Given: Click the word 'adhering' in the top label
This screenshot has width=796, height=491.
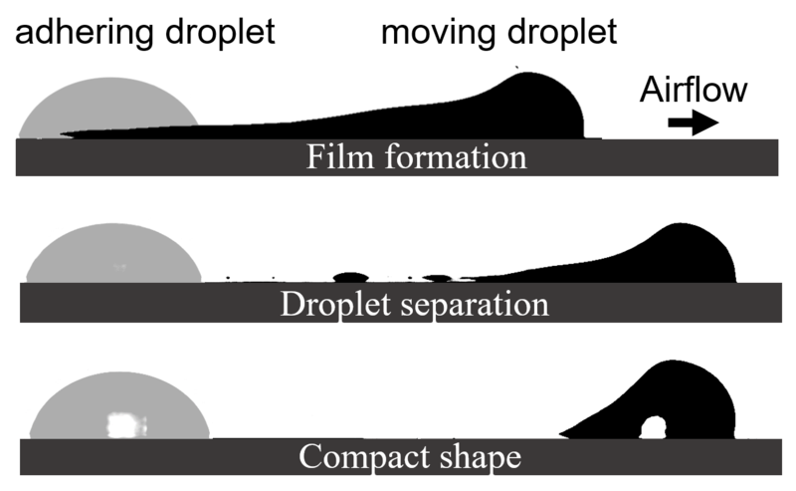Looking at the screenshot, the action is [x=84, y=32].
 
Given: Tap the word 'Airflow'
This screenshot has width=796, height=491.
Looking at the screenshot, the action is [x=693, y=90].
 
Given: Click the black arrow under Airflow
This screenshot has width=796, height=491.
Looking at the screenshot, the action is [x=693, y=123].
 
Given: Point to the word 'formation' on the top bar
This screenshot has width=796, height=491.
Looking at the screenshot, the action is [x=456, y=156].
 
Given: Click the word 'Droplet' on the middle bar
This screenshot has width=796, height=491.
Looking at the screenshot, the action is [x=335, y=304].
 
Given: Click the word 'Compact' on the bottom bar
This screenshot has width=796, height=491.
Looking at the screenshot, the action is [x=365, y=456].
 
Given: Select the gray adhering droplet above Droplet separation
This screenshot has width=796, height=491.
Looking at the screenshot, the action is [x=113, y=253].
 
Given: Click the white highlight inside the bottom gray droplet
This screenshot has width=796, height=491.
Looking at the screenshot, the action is [x=127, y=425].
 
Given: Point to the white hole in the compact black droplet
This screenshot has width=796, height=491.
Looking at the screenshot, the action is [x=653, y=428].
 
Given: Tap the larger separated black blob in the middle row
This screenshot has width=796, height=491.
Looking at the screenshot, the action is [x=350, y=278].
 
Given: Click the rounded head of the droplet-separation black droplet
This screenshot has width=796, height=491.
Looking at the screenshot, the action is [x=693, y=253].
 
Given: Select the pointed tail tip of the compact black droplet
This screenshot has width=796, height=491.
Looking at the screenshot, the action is [x=560, y=434].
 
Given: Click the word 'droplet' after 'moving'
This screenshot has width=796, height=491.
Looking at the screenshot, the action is [x=562, y=32].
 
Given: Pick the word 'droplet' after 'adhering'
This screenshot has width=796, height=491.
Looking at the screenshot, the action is [x=220, y=32].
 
